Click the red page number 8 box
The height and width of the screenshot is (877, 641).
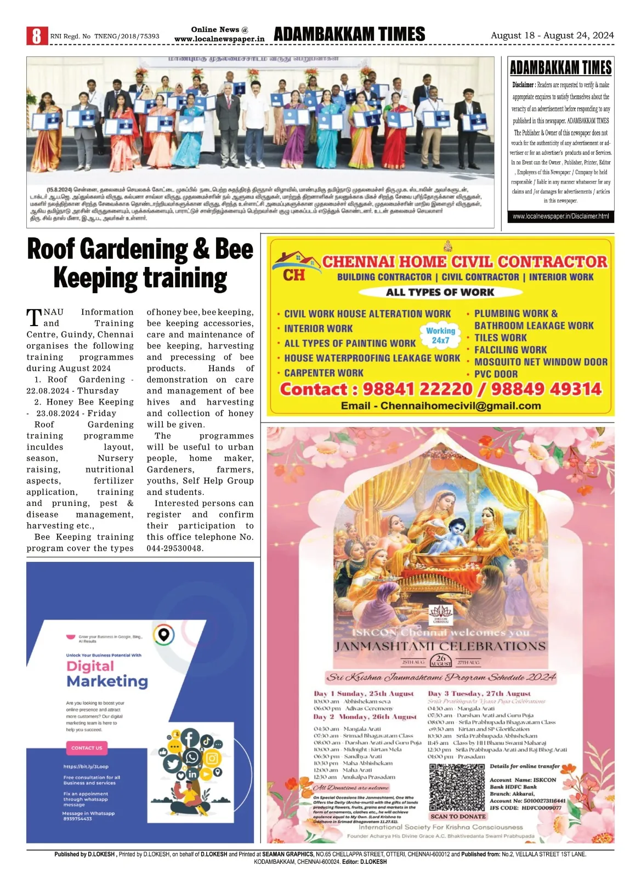click(x=37, y=36)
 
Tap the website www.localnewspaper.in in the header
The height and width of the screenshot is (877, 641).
click(x=219, y=39)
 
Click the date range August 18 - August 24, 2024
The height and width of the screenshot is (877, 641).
click(x=552, y=36)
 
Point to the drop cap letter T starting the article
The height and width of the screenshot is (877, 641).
click(x=34, y=318)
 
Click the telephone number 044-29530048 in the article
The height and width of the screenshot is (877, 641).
click(x=175, y=548)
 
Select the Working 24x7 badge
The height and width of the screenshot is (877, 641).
click(x=440, y=335)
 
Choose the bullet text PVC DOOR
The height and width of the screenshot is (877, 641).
click(x=496, y=374)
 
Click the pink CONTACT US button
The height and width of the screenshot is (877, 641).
click(x=87, y=748)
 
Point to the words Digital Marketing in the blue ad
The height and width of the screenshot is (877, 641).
click(x=107, y=674)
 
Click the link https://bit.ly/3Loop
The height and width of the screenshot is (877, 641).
click(x=86, y=766)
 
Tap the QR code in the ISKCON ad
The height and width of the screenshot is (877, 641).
click(x=457, y=788)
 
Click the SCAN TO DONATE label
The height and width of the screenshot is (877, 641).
click(x=458, y=816)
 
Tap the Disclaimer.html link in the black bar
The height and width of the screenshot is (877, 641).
click(x=560, y=217)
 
